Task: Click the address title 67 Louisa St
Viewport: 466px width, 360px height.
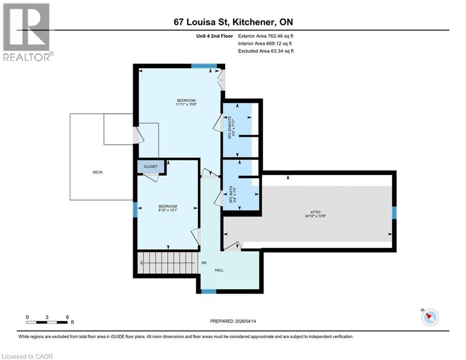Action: (233, 22)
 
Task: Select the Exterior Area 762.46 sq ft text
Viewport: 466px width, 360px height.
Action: (266, 36)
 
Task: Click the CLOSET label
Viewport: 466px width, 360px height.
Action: (150, 167)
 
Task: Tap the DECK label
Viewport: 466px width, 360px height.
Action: (97, 172)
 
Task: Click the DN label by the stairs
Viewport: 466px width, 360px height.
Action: (204, 263)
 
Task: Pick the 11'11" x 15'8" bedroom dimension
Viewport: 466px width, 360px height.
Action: (186, 105)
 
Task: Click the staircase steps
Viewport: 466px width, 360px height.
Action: (166, 263)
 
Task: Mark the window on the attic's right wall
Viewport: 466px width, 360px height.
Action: (394, 213)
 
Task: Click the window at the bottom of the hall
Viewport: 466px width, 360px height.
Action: (209, 292)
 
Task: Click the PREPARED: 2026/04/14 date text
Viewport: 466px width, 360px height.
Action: (233, 321)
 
